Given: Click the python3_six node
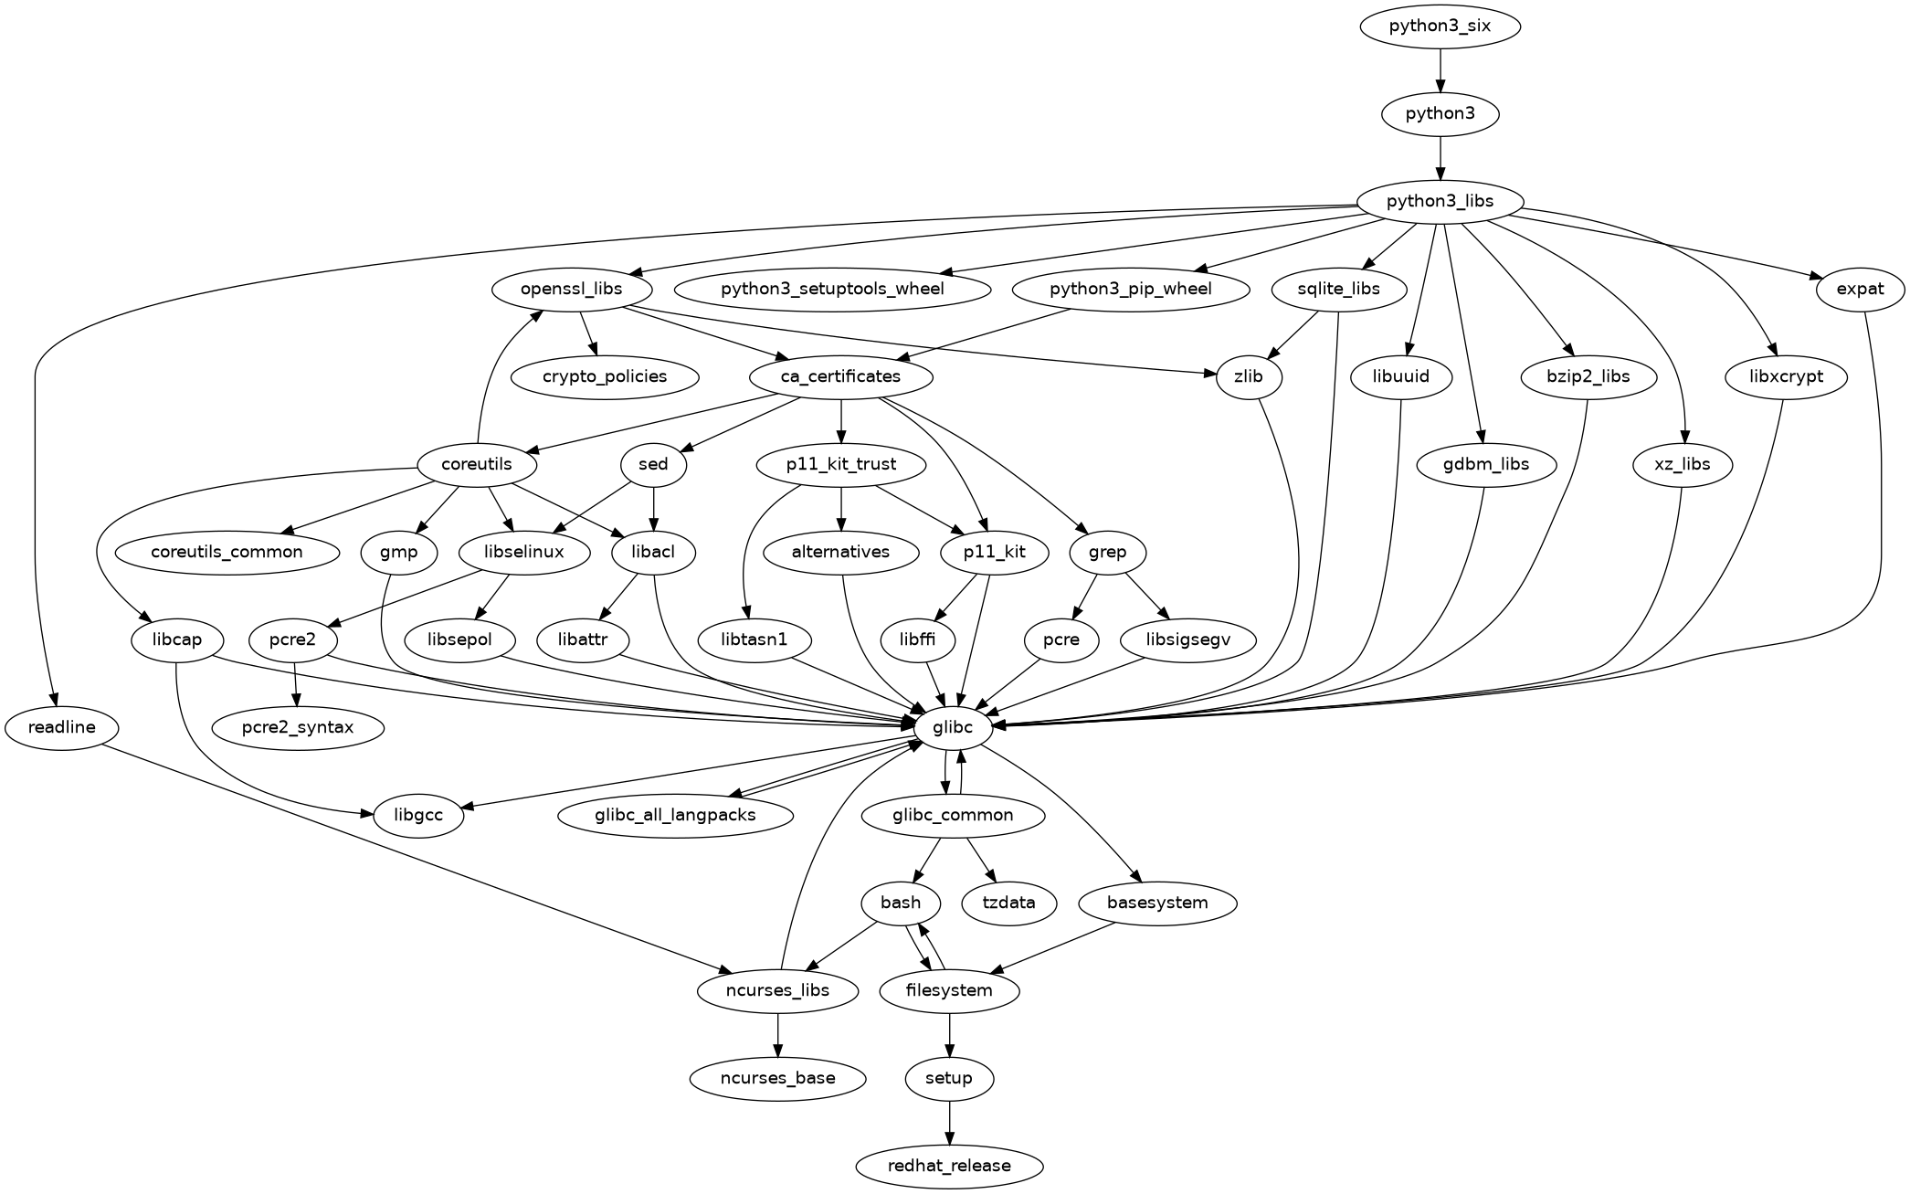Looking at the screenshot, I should [1440, 26].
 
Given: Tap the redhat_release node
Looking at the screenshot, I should [949, 1166].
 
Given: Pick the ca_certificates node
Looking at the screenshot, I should [840, 376].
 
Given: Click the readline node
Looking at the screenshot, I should [62, 727].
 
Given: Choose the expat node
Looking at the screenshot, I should [1860, 289].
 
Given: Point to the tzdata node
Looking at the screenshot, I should [1009, 903].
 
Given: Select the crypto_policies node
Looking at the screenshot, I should [605, 376].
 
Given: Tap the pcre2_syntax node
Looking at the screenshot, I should [298, 727].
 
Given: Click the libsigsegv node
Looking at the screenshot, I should [1187, 639].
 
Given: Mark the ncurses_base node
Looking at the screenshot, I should [777, 1078].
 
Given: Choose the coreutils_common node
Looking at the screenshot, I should [227, 552].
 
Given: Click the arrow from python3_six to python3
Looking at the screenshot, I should [1440, 69].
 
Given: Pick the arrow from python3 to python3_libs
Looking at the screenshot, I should [1440, 157].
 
